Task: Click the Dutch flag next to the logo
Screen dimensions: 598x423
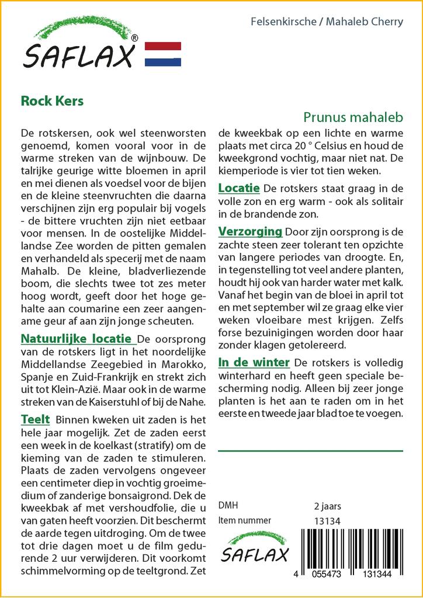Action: (x=162, y=54)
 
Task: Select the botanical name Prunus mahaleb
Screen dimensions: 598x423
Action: (x=353, y=117)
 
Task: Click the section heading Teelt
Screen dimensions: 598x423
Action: (x=35, y=419)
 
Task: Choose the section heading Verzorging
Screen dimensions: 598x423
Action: (x=250, y=232)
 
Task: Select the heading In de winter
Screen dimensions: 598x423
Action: (x=254, y=362)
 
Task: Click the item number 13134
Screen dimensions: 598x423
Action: (x=327, y=520)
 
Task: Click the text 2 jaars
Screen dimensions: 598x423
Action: (x=328, y=506)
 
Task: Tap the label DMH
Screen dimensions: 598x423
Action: (x=228, y=506)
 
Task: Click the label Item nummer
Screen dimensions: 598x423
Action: (x=244, y=520)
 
